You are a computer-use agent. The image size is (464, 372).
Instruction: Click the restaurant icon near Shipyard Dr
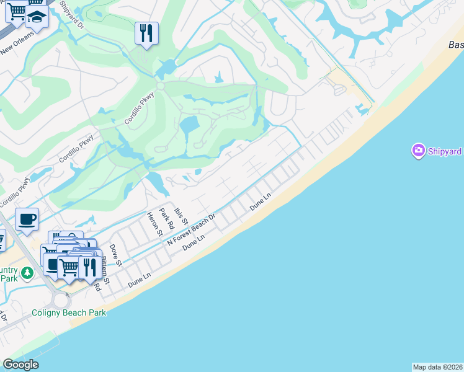(x=146, y=33)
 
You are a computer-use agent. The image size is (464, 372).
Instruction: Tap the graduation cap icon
(x=37, y=17)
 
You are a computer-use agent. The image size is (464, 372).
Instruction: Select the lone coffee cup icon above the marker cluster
(x=27, y=219)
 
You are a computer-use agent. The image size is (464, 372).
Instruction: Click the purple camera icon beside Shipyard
(x=418, y=150)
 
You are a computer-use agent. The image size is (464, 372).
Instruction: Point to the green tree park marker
(x=27, y=273)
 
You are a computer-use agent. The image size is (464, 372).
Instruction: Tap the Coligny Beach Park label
(x=69, y=312)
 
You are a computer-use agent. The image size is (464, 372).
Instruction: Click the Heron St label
(x=154, y=224)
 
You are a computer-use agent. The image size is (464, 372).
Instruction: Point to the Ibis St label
(x=181, y=218)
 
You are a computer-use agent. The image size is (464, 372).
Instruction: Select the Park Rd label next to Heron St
(x=166, y=218)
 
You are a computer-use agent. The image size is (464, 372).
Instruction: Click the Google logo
(x=20, y=365)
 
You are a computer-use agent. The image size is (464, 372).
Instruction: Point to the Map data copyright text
(x=437, y=367)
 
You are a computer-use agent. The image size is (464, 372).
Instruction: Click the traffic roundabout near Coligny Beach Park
(x=61, y=300)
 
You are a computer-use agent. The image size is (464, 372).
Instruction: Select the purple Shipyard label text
(x=444, y=151)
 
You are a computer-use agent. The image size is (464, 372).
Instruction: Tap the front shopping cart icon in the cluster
(x=69, y=267)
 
